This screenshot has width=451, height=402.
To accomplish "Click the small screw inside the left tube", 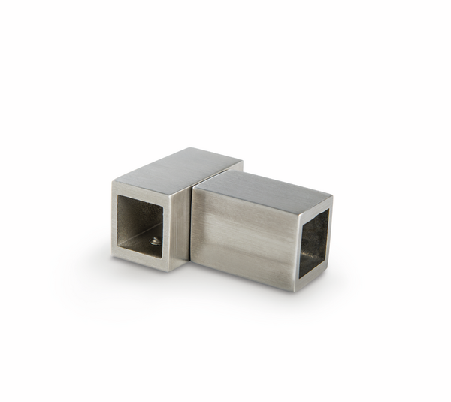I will click(155, 241).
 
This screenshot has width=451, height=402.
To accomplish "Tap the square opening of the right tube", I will click(314, 242).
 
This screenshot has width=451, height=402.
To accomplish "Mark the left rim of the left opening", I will click(115, 222).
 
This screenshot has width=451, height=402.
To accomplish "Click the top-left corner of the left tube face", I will click(113, 180).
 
